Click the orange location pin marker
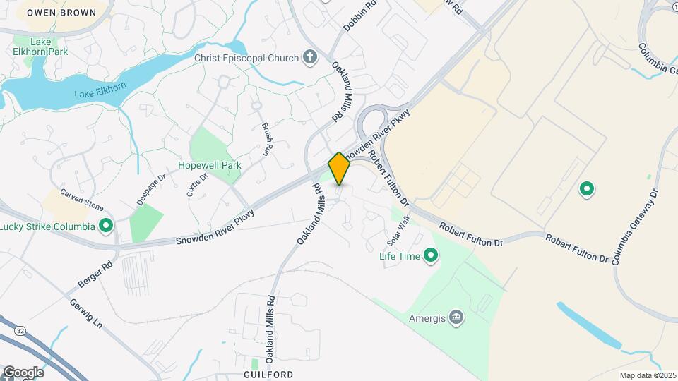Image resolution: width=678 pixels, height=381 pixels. click(x=339, y=168)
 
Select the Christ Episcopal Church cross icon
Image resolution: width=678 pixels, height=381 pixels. click(x=309, y=56)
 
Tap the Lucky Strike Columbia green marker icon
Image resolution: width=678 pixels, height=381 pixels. click(x=106, y=226)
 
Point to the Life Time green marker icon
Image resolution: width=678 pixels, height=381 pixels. click(x=429, y=256)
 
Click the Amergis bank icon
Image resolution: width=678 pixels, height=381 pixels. click(x=457, y=318)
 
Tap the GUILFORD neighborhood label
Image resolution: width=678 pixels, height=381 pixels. click(x=268, y=374)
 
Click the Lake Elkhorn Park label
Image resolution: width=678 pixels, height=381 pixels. click(x=41, y=47)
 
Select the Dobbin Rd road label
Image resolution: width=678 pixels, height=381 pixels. click(x=359, y=15)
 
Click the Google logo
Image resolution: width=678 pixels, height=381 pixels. click(x=23, y=373)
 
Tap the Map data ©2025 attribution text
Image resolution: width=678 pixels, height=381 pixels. click(x=647, y=375)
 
